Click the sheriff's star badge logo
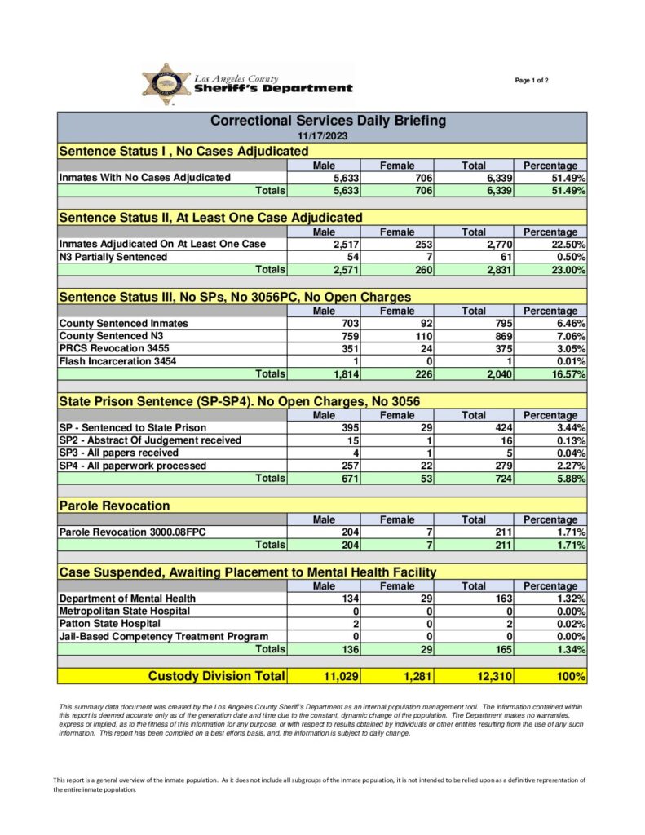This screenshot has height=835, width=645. coord(166,84)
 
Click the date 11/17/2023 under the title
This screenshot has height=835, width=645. coord(322,136)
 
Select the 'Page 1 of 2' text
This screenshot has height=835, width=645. coord(532,80)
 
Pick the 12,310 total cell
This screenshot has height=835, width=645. coord(491,676)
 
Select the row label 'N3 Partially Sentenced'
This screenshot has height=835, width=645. coord(113,257)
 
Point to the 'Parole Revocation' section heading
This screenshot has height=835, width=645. coord(115,506)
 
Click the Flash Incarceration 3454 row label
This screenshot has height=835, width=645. coord(117,361)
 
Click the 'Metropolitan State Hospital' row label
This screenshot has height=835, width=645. coord(125,611)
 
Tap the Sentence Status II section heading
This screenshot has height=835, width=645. coord(210,218)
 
